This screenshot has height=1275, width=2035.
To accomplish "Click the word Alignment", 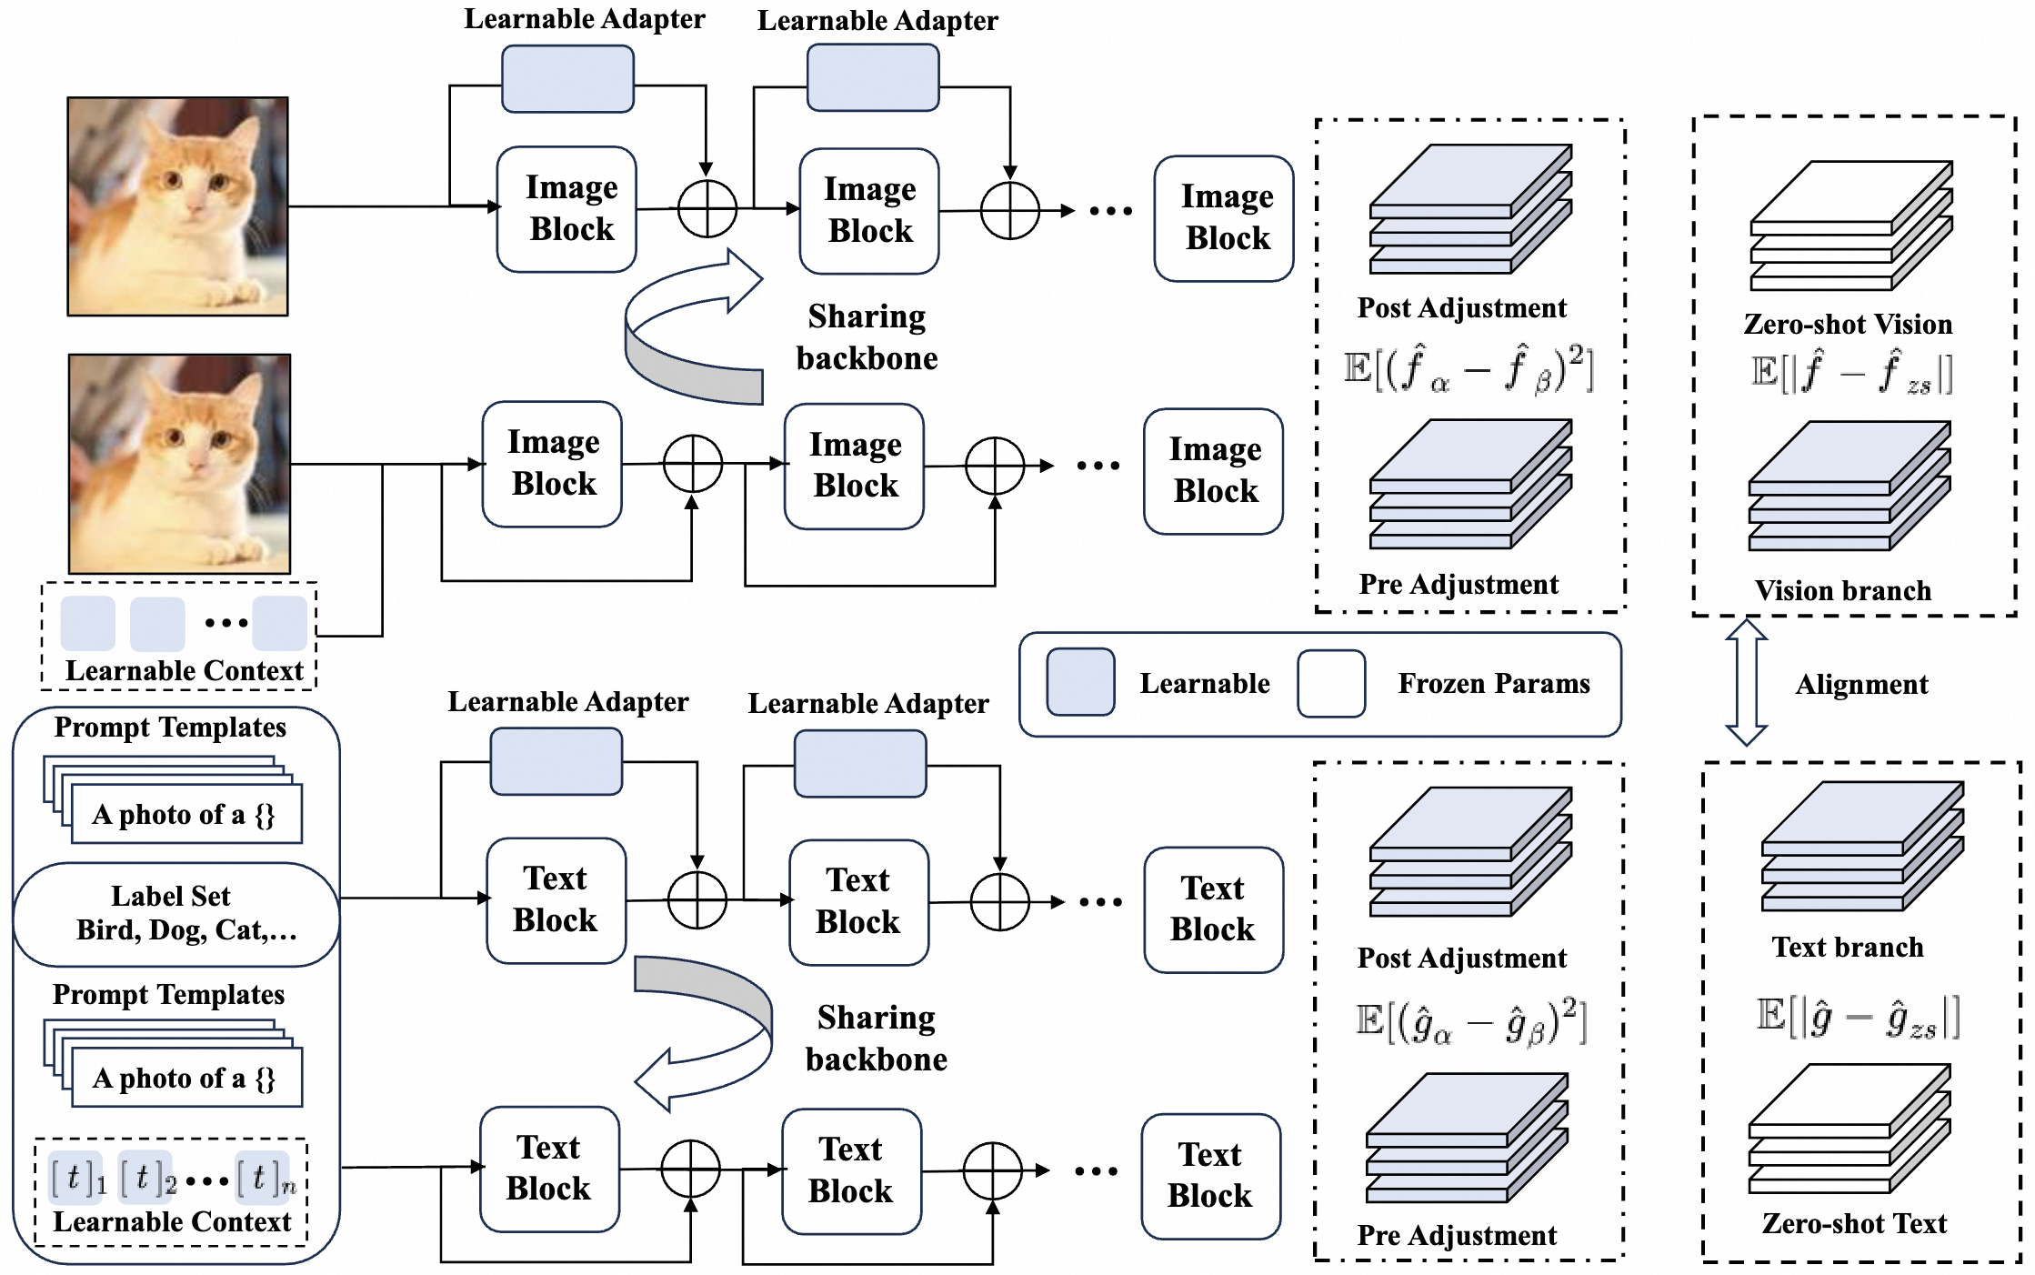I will (1860, 684).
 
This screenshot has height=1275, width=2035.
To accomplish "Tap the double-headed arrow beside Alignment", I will (1746, 682).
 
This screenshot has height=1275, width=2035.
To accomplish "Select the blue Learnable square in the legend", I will (1080, 682).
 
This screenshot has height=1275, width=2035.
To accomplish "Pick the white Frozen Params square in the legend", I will (1331, 683).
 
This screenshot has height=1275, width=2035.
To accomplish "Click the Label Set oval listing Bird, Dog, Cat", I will (176, 913).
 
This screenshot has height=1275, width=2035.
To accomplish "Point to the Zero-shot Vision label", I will (1848, 324).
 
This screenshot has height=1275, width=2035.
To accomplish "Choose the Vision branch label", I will (1842, 590).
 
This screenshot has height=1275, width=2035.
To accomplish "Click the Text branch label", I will (1848, 947).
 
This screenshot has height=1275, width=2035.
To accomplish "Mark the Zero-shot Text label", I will (1854, 1223).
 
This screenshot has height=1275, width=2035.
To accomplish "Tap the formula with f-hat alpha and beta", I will (1469, 369).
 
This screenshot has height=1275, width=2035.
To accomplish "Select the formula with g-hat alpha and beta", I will (1470, 1022).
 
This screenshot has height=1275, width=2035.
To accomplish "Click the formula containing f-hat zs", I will (1851, 373).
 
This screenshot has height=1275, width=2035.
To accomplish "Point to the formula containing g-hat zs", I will (1857, 1017).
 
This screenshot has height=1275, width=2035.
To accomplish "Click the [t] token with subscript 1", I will (76, 1178).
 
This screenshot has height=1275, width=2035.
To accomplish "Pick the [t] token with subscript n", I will (265, 1178).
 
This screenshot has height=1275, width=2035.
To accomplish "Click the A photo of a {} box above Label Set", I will (185, 814).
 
